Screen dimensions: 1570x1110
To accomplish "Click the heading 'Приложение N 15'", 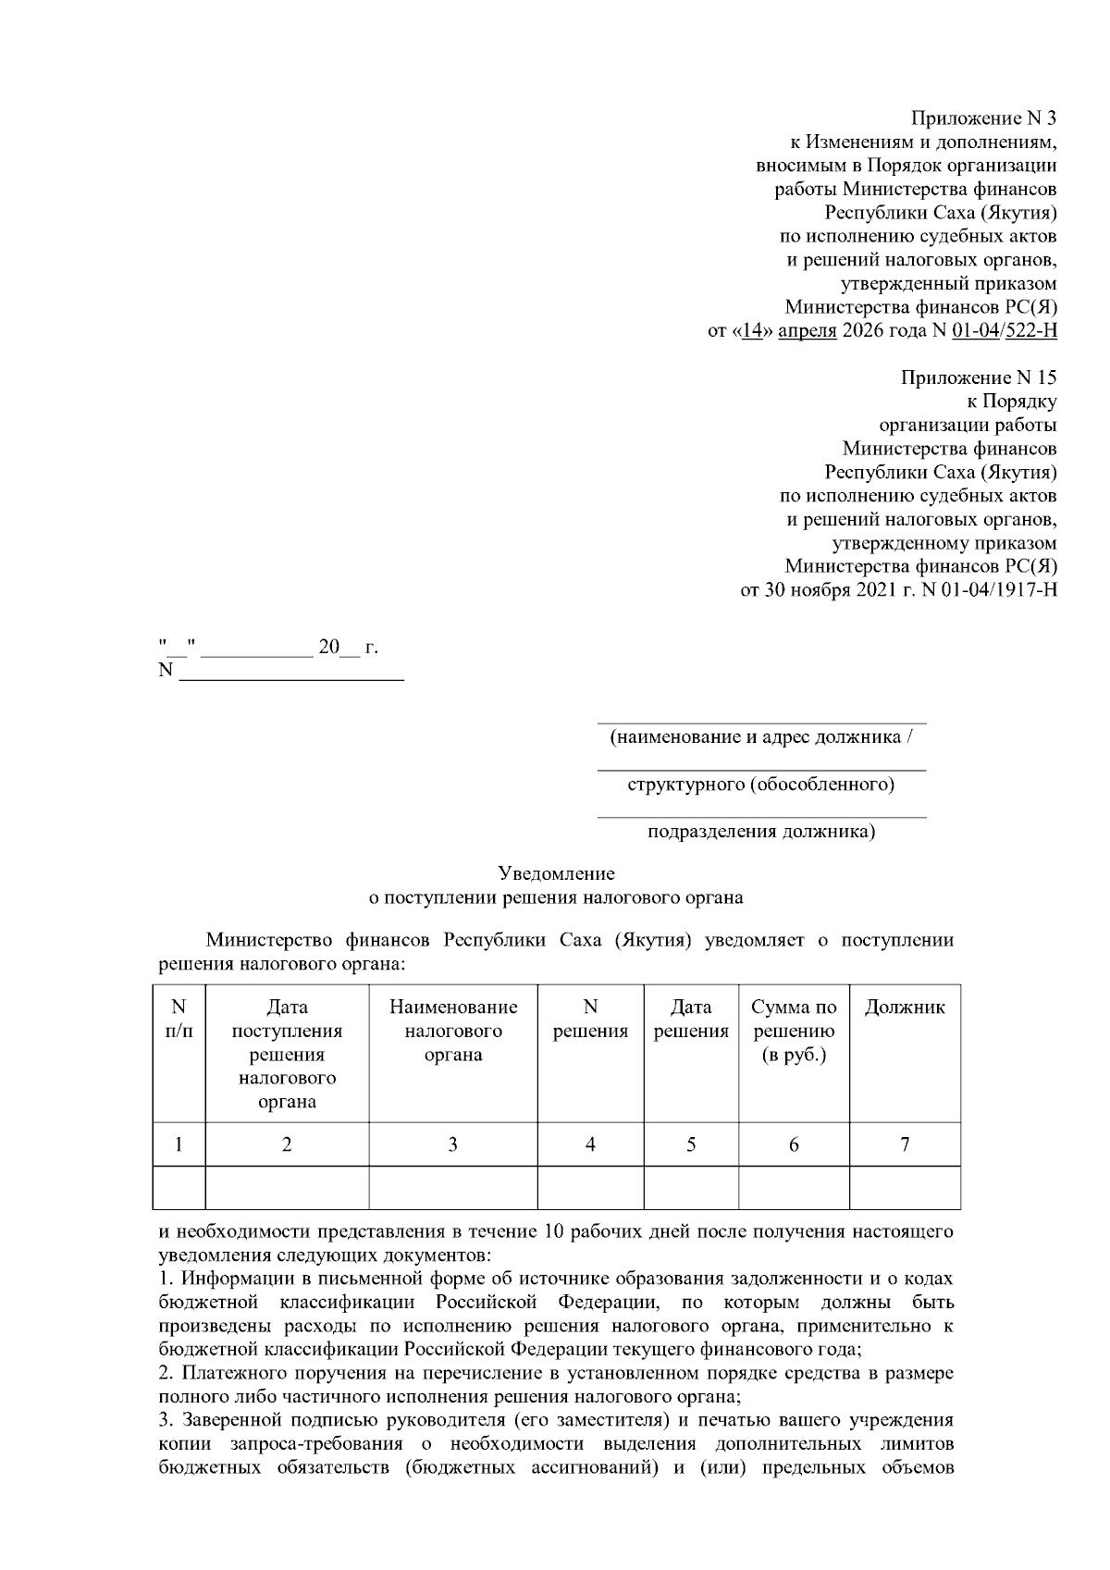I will pos(979,377).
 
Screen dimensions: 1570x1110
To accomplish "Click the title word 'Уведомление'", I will pos(556,872).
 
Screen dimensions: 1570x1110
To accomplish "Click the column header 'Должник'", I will pos(904,1008).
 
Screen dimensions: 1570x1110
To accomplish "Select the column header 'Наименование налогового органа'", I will pos(453,1031).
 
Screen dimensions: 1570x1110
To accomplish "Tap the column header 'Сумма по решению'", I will pos(793,1031).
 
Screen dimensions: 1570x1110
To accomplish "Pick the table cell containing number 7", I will pos(904,1144).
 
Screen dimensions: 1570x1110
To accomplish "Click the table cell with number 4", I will pos(590,1144).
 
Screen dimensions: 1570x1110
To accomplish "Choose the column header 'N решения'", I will pos(590,1019).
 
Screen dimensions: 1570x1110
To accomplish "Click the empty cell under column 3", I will pos(453,1188).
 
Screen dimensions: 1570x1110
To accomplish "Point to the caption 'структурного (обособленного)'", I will pos(760,785).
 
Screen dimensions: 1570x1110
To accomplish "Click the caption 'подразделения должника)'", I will pos(760,832).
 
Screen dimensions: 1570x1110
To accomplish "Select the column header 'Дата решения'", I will pos(691,1019).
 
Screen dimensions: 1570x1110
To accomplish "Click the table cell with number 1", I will pos(179,1144).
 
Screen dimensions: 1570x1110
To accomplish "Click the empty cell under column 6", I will pos(793,1188).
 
